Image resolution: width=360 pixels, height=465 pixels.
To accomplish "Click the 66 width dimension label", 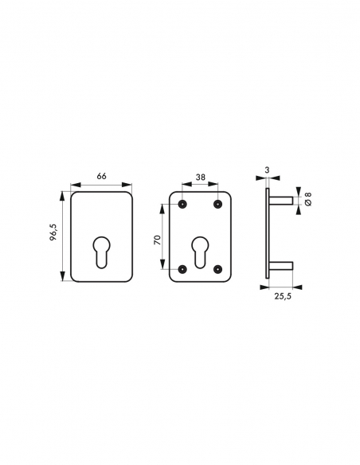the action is pyautogui.click(x=101, y=176).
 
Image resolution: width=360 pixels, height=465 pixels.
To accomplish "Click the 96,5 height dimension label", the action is pyautogui.click(x=53, y=232).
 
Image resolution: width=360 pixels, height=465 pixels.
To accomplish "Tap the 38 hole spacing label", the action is pyautogui.click(x=201, y=177).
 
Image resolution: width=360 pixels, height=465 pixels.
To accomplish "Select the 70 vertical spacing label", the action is pyautogui.click(x=158, y=240).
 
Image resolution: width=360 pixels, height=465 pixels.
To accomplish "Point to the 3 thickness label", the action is pyautogui.click(x=267, y=170).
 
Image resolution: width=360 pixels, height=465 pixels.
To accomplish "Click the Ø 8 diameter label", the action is pyautogui.click(x=308, y=199).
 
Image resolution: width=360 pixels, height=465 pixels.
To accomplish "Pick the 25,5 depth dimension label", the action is pyautogui.click(x=283, y=296).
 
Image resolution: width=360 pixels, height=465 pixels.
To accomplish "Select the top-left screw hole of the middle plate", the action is pyautogui.click(x=182, y=204).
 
